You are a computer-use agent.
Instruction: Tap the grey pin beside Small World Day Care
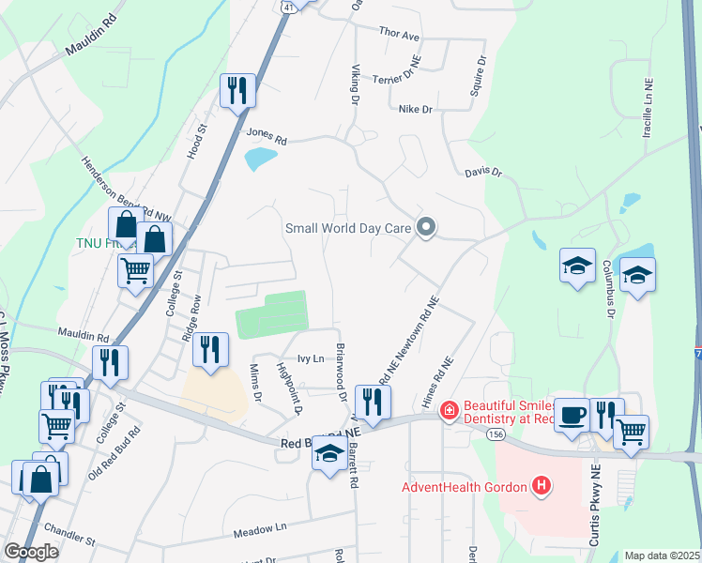[x=427, y=227]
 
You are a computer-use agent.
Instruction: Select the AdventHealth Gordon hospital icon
[x=541, y=485]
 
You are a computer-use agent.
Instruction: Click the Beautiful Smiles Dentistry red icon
[x=449, y=410]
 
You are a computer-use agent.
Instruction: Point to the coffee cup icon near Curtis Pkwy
[x=572, y=415]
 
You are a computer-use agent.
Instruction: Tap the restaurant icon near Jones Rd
[x=237, y=91]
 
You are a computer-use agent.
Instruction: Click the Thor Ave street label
[x=399, y=35]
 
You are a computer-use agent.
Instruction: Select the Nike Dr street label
[x=415, y=110]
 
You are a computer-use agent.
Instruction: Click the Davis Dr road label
[x=484, y=173]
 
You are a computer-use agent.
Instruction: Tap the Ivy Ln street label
[x=310, y=358]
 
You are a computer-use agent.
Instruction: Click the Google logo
[x=32, y=552]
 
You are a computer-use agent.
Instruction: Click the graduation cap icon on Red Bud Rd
[x=328, y=455]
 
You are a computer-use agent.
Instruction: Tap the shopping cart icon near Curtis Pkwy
[x=631, y=432]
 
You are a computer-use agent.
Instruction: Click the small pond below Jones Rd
[x=260, y=159]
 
